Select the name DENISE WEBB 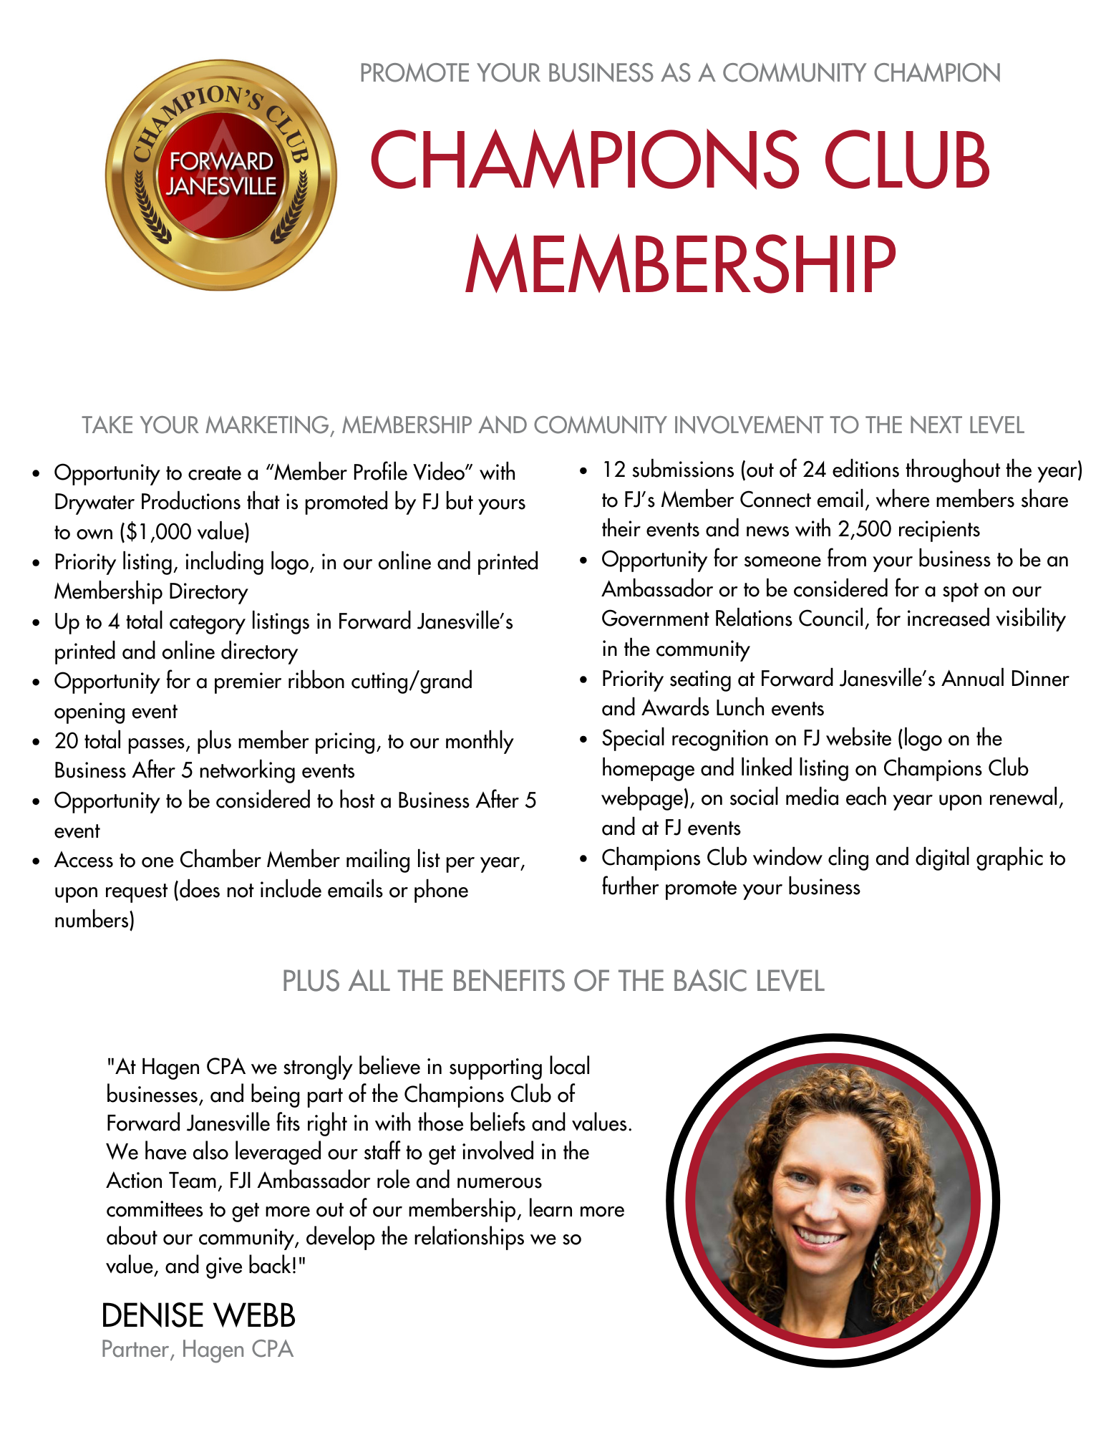198,1316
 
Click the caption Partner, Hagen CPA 198,1350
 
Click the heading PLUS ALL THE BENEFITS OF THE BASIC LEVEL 553,981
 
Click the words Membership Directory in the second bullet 151,592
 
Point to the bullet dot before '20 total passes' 36,742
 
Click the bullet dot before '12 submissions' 583,470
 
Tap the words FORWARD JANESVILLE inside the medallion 221,174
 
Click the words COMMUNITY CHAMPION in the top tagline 861,73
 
